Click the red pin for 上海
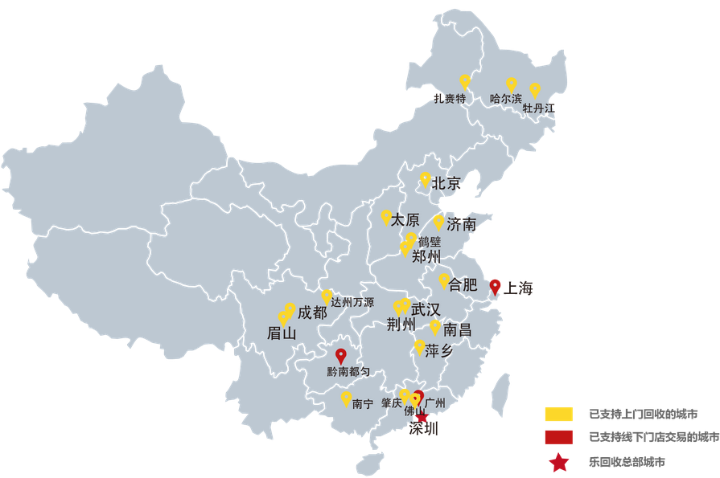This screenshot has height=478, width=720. (495, 286)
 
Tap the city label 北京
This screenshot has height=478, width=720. (446, 183)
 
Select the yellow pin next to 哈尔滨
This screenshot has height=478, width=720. (511, 84)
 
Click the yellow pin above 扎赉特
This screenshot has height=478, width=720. (464, 80)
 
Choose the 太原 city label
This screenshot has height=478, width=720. (405, 219)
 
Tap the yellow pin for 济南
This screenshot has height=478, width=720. (438, 221)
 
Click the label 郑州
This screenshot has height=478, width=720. (426, 257)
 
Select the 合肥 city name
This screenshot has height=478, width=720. (463, 284)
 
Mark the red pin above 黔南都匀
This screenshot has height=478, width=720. (340, 354)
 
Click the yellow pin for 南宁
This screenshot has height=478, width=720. (346, 397)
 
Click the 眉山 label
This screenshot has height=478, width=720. (282, 333)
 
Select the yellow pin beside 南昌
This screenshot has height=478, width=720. (435, 326)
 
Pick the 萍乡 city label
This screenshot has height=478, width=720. (439, 350)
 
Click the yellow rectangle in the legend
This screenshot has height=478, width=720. (558, 415)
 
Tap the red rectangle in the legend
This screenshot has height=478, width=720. (558, 438)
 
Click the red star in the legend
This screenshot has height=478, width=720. (558, 462)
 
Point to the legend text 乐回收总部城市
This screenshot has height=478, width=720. (627, 462)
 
